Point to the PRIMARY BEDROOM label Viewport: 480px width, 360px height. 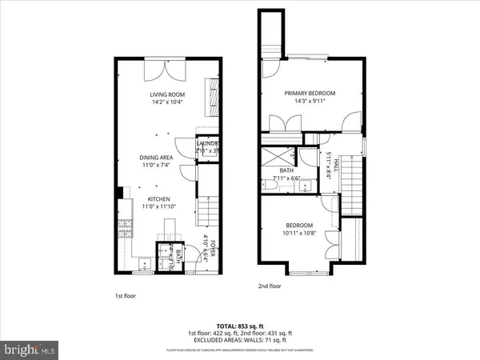(310, 94)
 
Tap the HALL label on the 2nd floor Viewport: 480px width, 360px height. (337, 163)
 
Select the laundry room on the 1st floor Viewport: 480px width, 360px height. (208, 147)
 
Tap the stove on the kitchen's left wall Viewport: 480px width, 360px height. (124, 230)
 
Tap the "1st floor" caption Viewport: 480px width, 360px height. (124, 297)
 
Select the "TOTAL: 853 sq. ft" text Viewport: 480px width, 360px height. (239, 326)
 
